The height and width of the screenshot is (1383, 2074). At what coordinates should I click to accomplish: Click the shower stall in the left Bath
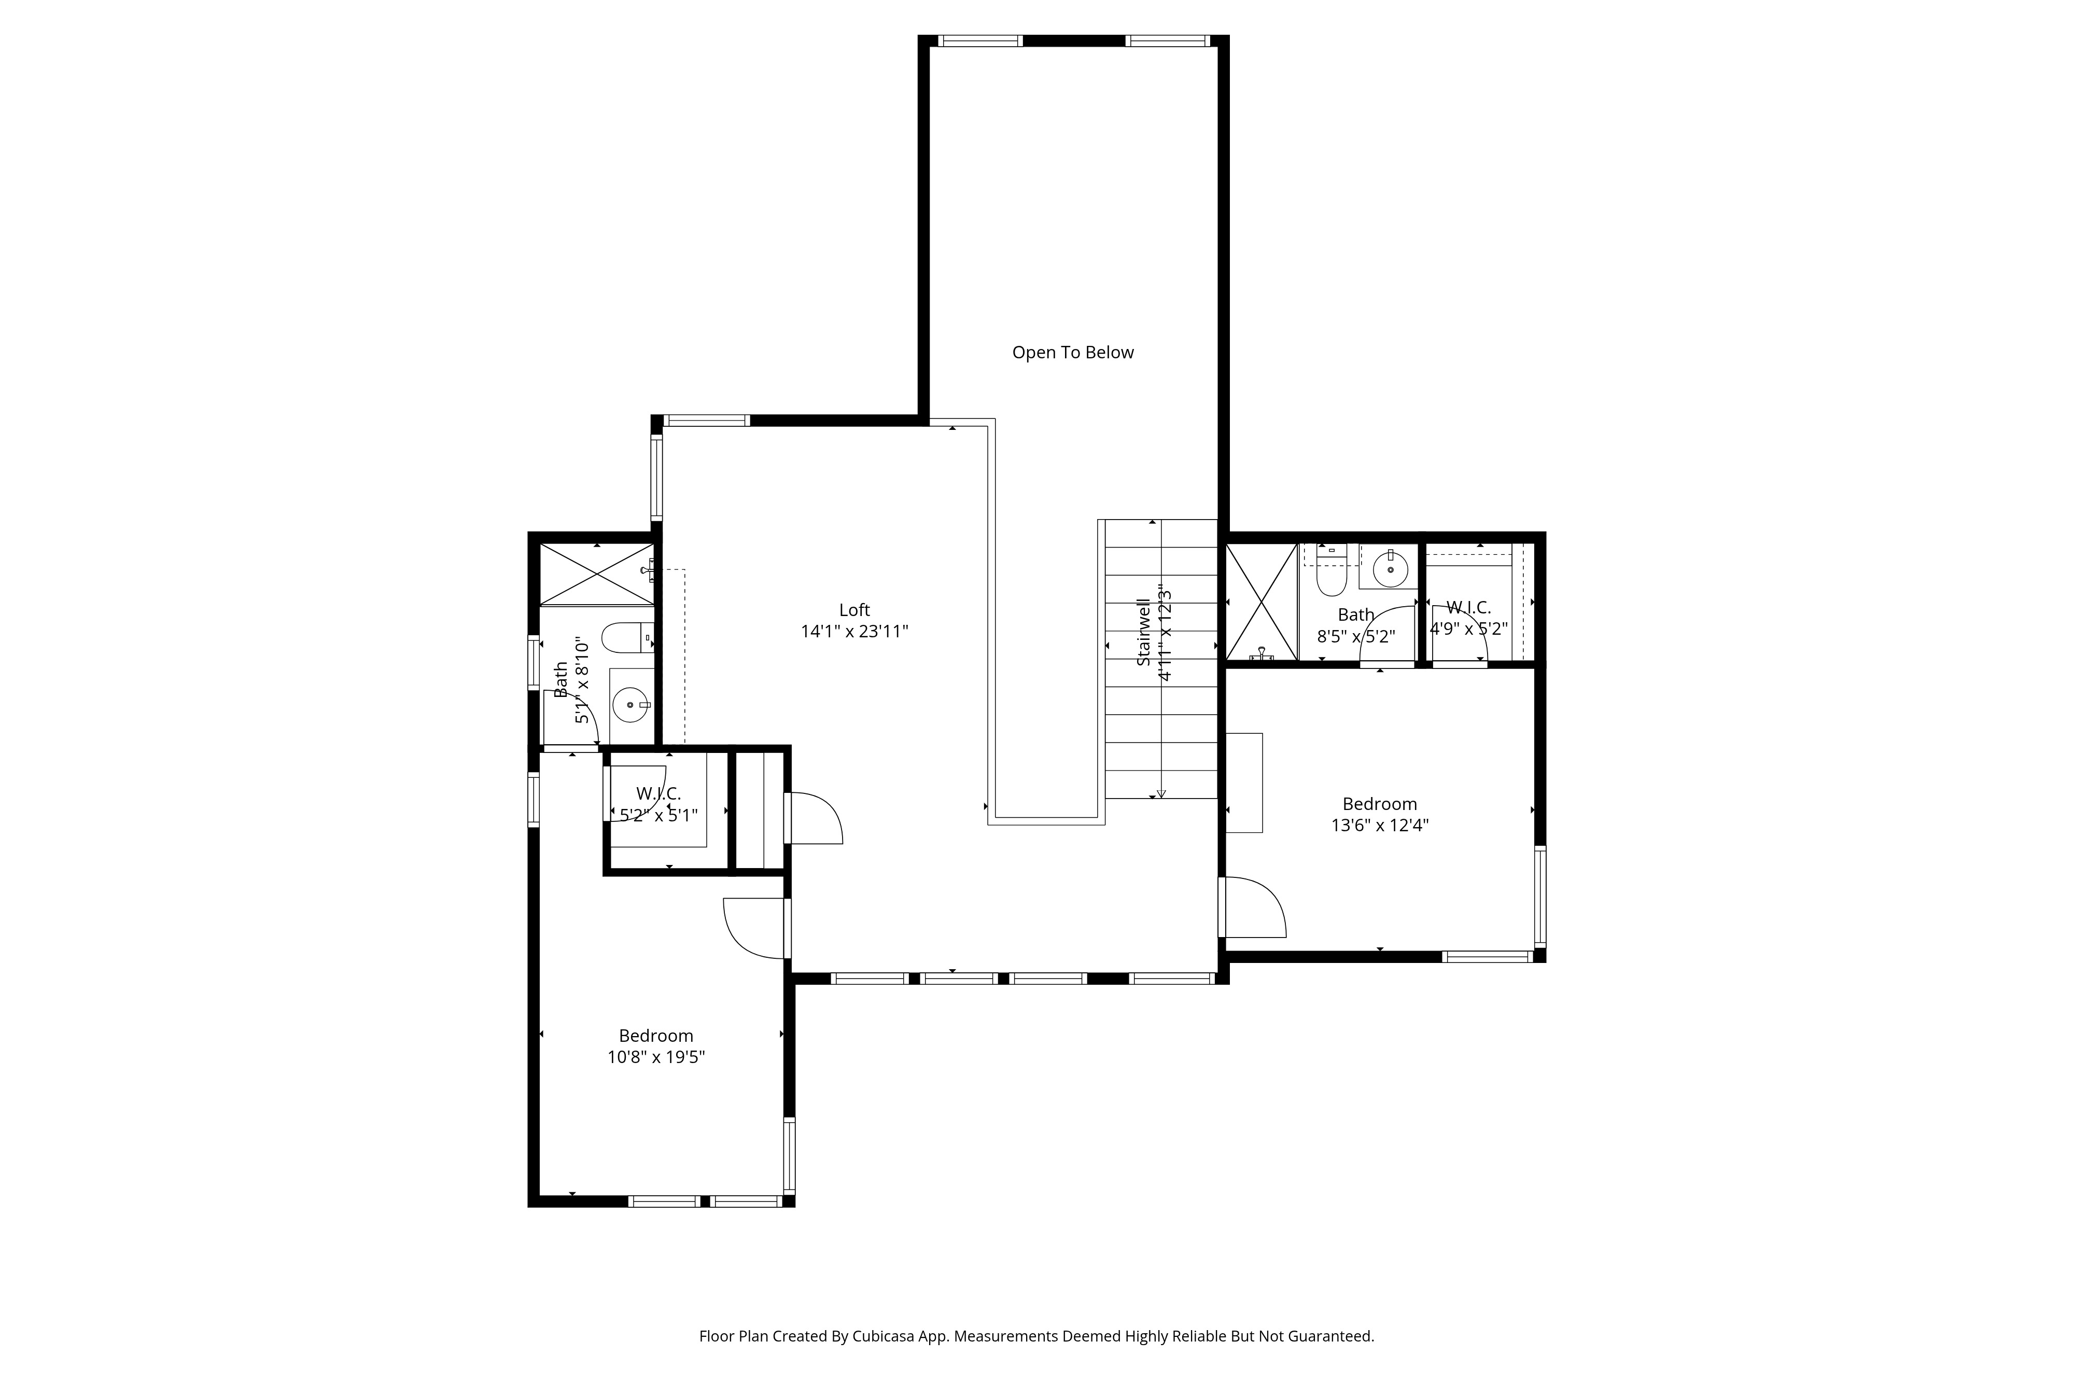click(596, 574)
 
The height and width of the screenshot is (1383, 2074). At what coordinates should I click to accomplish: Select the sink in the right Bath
click(1390, 569)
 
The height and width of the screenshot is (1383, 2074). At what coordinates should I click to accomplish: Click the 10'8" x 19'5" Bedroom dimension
click(656, 1057)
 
